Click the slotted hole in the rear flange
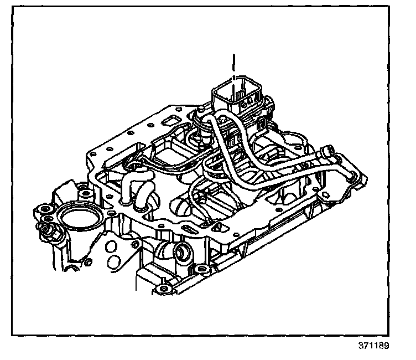point(169,120)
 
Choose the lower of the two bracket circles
point(115,260)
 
